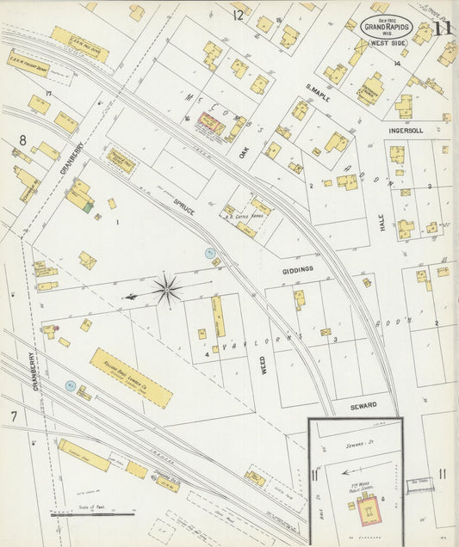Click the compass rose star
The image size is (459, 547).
click(x=167, y=290)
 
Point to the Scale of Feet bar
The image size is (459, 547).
click(x=103, y=513)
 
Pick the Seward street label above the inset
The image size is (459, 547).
click(x=363, y=404)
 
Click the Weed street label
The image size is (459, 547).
click(x=262, y=364)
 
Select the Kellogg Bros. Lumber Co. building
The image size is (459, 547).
click(x=131, y=378)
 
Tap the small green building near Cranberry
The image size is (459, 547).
click(x=88, y=207)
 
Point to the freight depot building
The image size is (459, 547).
click(x=28, y=64)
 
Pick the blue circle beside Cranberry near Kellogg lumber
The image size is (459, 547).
click(x=71, y=386)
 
